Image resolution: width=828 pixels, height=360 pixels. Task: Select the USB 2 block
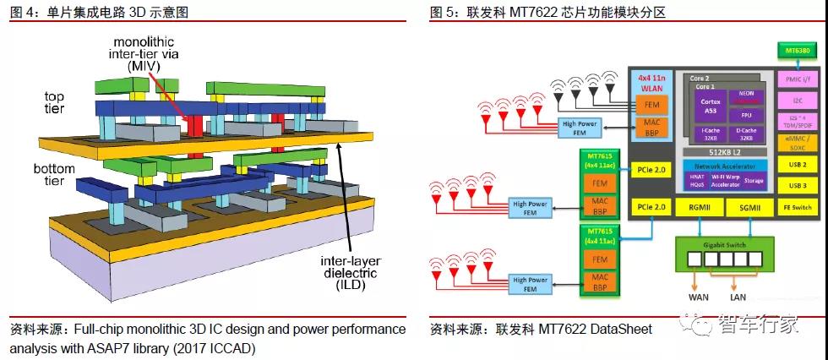797,164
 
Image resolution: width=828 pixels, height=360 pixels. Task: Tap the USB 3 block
797,185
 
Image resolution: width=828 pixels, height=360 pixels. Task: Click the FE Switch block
797,207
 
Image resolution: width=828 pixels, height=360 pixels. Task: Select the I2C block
797,100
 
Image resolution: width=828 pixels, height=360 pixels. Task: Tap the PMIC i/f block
797,79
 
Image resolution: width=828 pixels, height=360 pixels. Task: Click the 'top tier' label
54,102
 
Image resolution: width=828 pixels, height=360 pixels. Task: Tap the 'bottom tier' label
55,174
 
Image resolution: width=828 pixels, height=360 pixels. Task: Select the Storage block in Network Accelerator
753,179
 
